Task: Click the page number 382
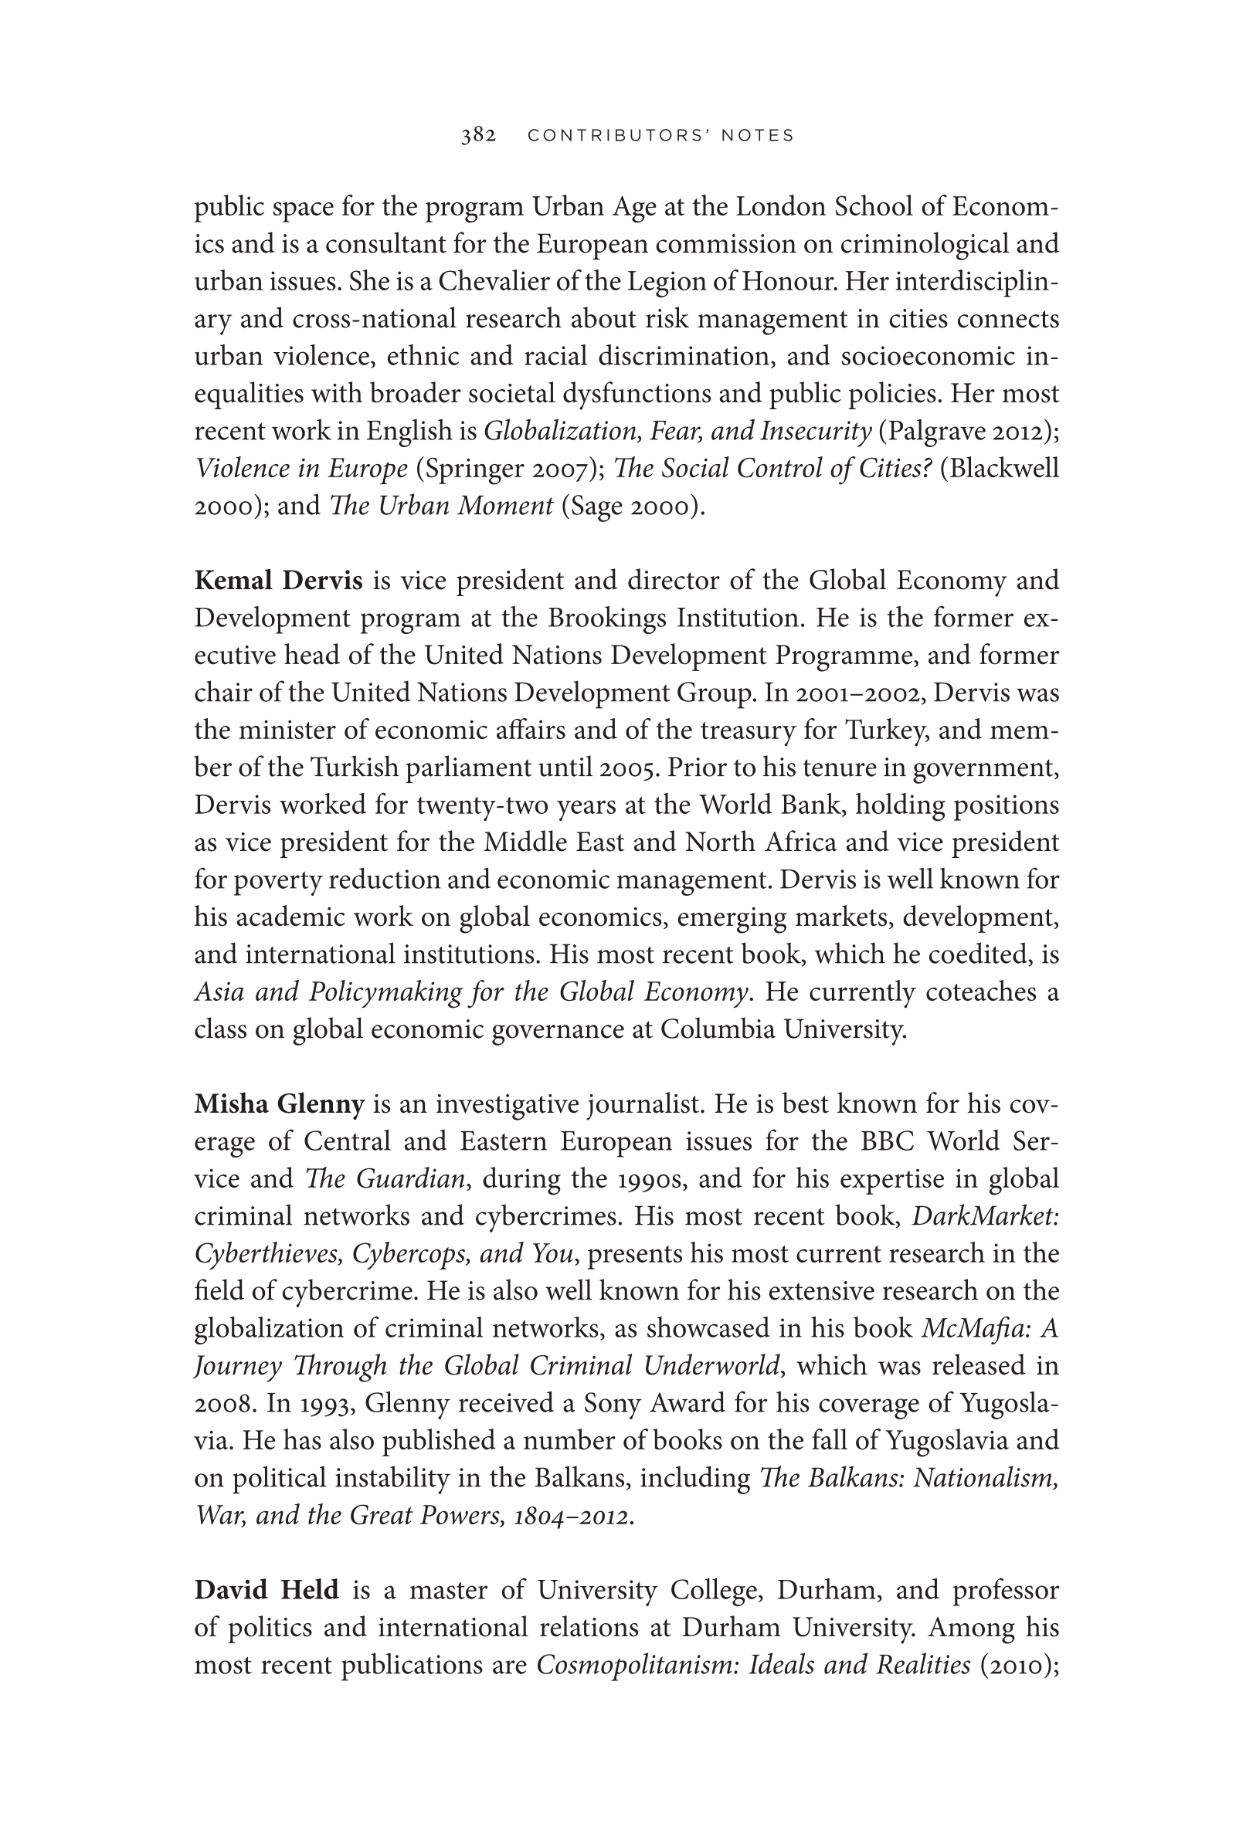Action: coord(479,136)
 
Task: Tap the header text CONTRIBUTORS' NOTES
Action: coord(660,136)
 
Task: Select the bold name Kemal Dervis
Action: coord(278,581)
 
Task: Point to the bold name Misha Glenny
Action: coord(280,1103)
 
